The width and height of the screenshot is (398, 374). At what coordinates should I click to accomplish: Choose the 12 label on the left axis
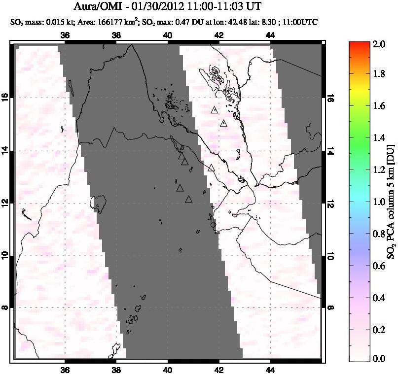[x=6, y=203]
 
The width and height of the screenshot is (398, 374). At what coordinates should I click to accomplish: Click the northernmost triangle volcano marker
[x=214, y=110]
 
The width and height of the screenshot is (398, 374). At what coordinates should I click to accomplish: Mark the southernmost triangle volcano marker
[x=188, y=200]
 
